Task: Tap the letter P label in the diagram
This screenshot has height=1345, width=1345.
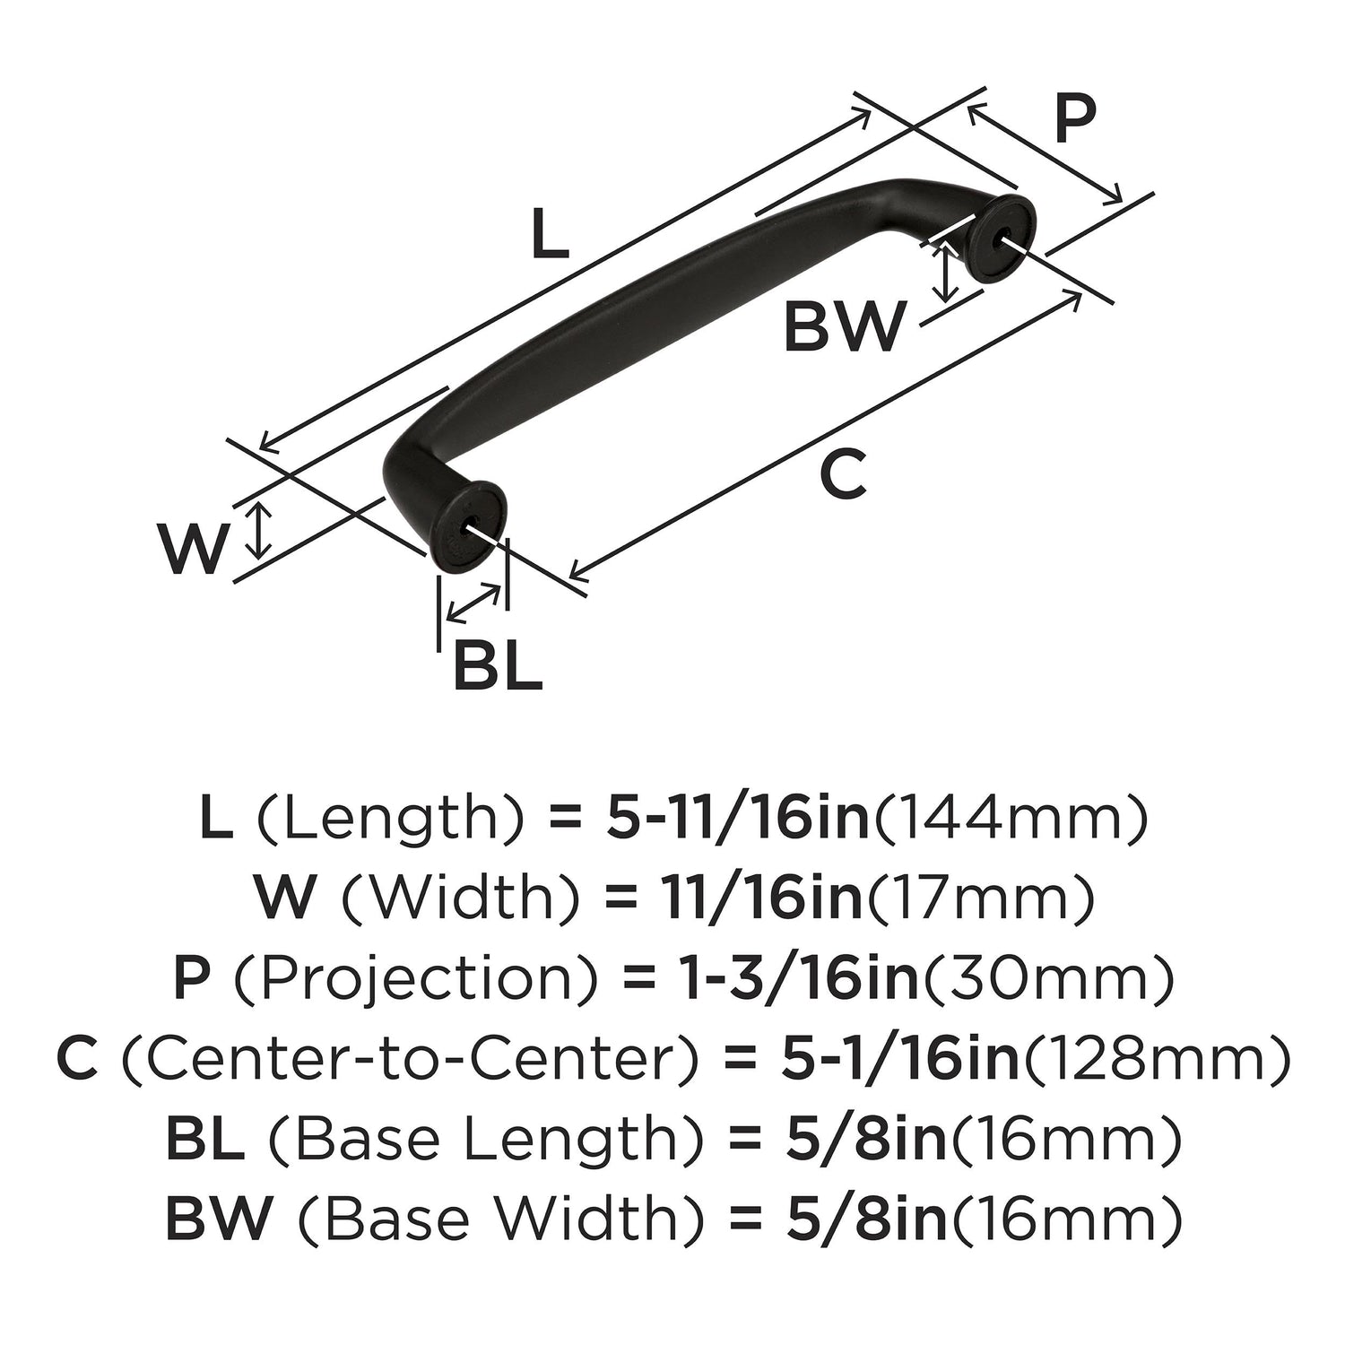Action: click(x=1074, y=119)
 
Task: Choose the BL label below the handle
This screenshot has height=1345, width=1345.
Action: click(x=498, y=666)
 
